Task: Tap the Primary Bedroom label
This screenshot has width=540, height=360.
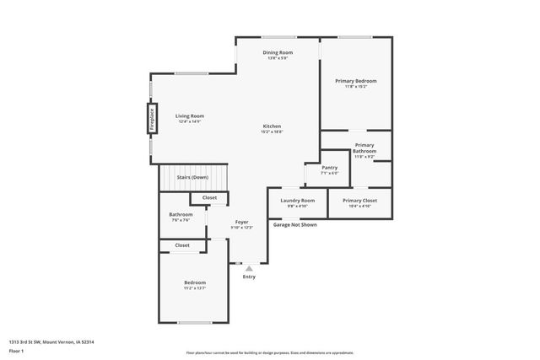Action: pos(355,81)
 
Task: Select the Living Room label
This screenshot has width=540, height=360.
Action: pos(190,116)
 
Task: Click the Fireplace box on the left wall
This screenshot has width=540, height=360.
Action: pos(153,118)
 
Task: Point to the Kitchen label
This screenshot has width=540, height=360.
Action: pos(272,126)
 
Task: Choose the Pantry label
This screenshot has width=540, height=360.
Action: pos(329,168)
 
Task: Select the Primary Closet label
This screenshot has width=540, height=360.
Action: pos(359,200)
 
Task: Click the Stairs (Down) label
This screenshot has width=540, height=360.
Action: pos(192,177)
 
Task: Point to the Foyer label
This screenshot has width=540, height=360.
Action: pos(241,222)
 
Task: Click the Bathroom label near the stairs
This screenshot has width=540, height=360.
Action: pos(181,214)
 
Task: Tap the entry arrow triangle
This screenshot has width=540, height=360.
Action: pos(249,268)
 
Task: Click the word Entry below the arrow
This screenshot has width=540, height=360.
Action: pos(249,277)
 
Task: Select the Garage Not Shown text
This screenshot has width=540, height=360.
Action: pos(294,225)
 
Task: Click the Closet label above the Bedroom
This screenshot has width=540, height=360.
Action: pos(182,245)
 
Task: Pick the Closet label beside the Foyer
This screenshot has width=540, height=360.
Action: pos(209,197)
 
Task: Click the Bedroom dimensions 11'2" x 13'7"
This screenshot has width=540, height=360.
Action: pos(195,287)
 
